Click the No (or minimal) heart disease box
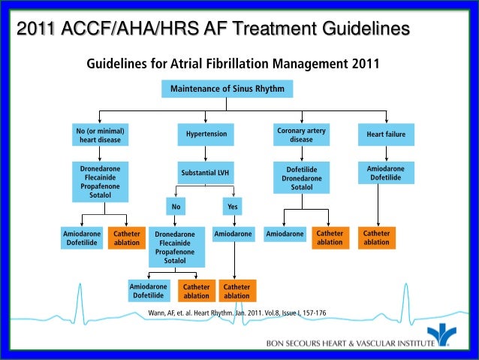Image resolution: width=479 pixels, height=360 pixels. [x=98, y=135]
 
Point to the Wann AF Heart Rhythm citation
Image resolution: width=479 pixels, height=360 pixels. [x=237, y=312]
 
